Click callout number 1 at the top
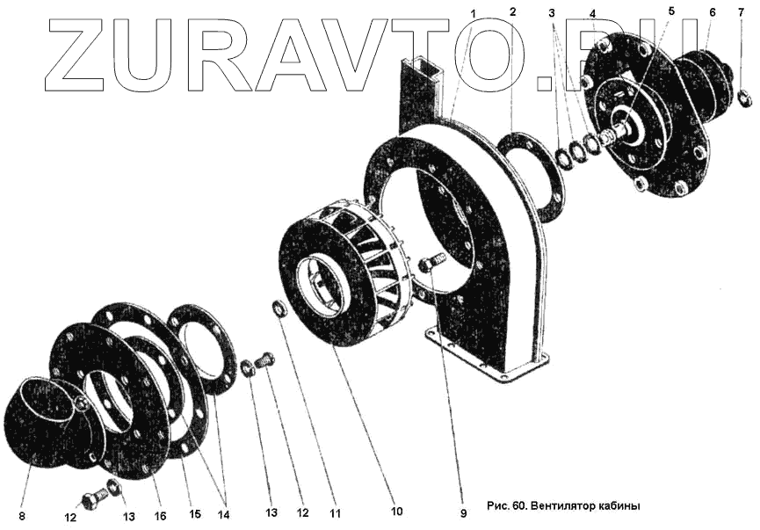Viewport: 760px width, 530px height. [x=473, y=13]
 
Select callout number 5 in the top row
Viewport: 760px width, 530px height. [x=671, y=11]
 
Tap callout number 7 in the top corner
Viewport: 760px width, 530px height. [x=741, y=11]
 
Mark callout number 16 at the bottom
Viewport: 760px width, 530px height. [x=161, y=515]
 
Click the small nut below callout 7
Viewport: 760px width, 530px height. [x=744, y=98]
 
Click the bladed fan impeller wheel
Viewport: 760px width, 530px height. [x=343, y=281]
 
